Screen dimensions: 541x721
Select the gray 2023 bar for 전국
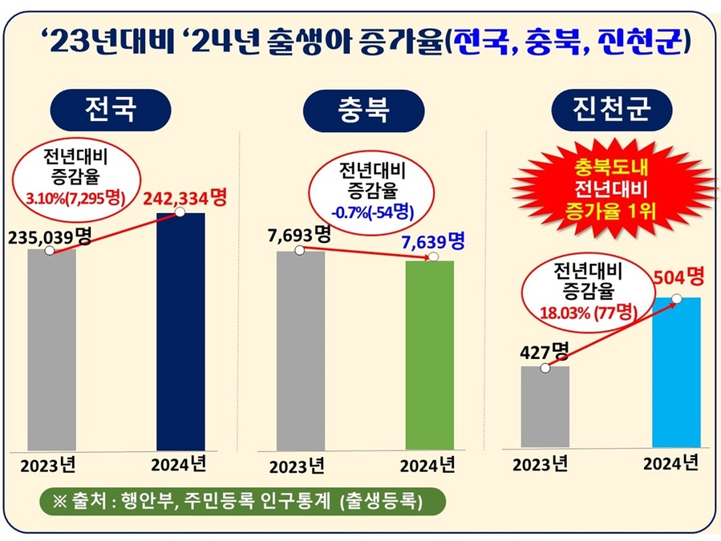52,349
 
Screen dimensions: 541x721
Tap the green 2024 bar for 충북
429,354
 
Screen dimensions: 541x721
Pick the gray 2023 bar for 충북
301,350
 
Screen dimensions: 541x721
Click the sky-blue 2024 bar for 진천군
676,372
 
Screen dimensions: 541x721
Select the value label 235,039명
50,236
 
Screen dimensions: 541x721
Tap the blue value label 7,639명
432,241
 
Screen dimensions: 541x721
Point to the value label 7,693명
298,235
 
